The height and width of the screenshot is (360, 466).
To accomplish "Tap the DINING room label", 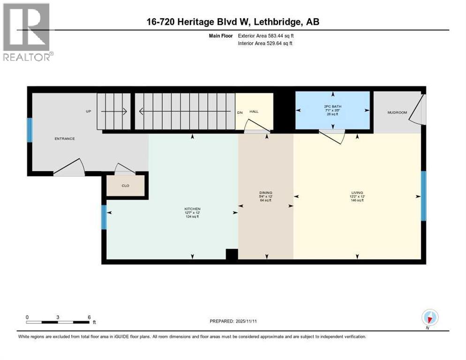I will (266, 193).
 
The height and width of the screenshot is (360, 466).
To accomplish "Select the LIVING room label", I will (357, 193).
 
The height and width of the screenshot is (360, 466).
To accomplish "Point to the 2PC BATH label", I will (333, 106).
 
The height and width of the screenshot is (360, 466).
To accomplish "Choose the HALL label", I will (254, 112).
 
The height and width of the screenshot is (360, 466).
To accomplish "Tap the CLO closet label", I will (125, 186).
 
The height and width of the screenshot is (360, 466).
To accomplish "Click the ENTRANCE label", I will (65, 139).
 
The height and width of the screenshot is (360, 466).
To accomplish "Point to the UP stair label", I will (88, 112).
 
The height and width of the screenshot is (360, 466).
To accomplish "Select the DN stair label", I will (240, 112).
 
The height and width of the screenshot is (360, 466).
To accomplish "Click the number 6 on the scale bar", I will (89, 317).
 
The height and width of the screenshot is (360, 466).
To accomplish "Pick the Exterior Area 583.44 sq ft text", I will (266, 36).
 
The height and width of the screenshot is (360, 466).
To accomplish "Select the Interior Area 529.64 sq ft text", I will (266, 44).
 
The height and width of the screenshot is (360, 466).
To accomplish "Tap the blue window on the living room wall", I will (423, 195).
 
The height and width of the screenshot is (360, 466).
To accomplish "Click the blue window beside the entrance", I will (30, 130).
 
